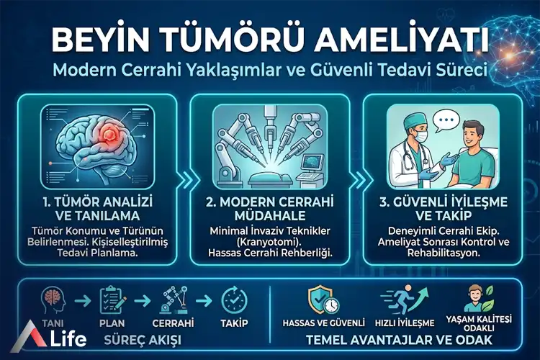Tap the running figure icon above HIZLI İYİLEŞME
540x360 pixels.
pos(398,297)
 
